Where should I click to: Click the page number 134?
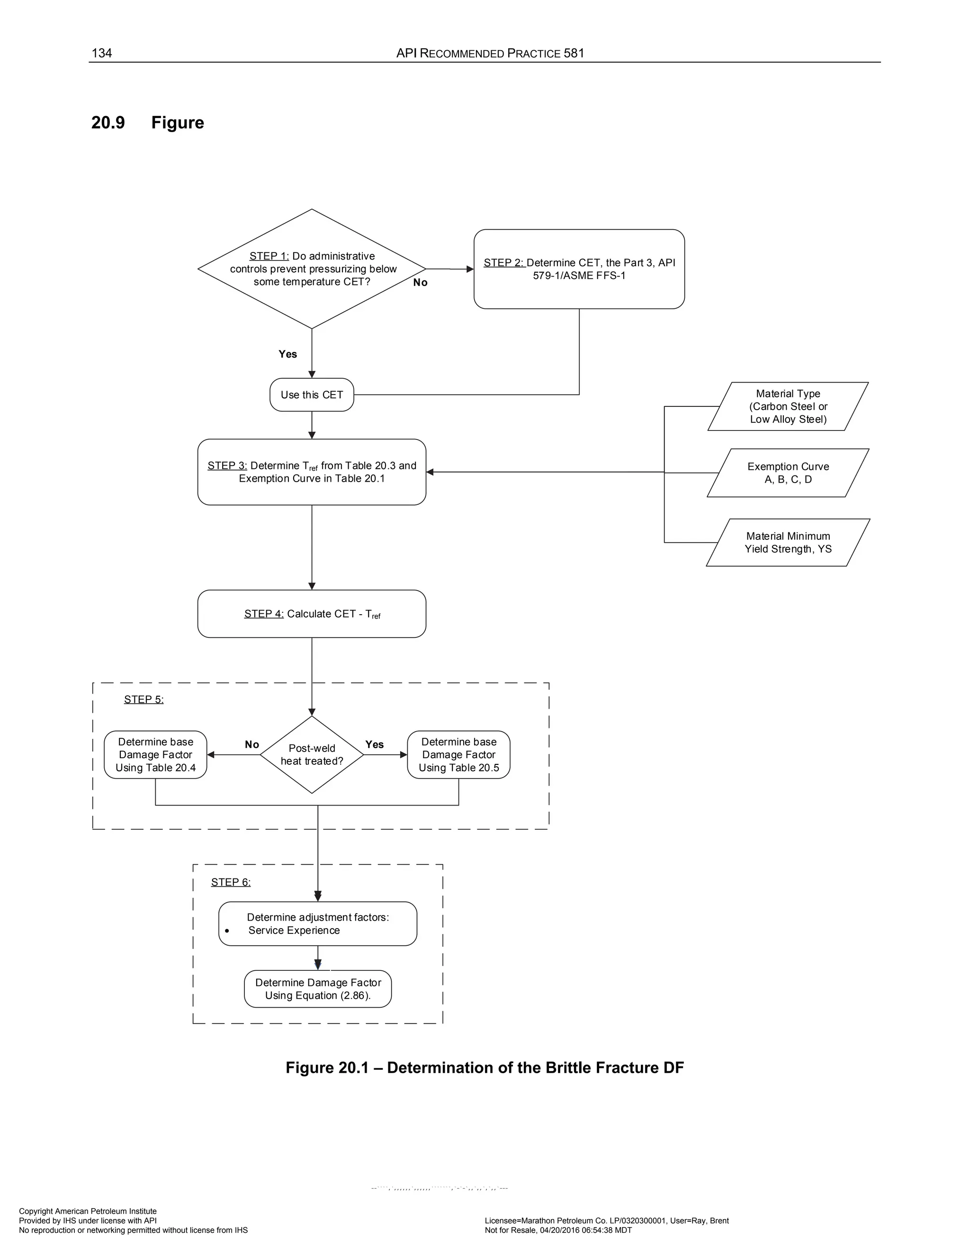[x=102, y=54]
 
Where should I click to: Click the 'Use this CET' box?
[x=312, y=395]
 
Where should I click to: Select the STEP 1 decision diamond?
[x=312, y=269]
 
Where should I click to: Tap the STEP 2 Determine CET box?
[x=579, y=269]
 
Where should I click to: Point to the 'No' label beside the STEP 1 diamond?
[x=420, y=283]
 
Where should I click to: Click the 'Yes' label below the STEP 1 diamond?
[x=287, y=354]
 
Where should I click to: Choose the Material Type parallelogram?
[x=788, y=406]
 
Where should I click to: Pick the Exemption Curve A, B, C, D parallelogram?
[x=788, y=473]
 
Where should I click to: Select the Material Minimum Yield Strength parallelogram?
[x=788, y=542]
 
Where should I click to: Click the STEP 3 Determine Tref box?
[x=312, y=472]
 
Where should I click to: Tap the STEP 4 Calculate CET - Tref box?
[x=312, y=614]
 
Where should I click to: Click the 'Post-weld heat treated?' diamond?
[x=312, y=754]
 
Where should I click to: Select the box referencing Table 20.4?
[x=155, y=754]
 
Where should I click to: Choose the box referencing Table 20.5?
[x=458, y=754]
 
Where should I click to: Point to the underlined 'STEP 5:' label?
[x=144, y=699]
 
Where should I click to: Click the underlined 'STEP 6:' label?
[x=231, y=882]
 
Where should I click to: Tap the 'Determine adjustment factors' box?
[x=317, y=923]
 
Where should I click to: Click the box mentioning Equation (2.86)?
[x=317, y=989]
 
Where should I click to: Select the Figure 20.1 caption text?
[x=485, y=1067]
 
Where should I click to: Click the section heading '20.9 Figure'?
[x=148, y=123]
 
